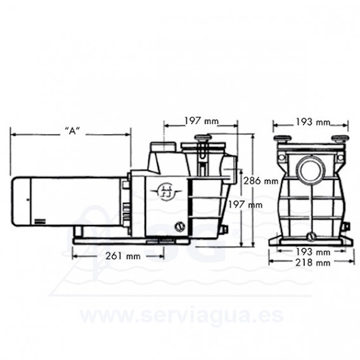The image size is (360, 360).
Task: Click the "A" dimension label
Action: point(72,131)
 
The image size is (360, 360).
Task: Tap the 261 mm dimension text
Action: point(123,256)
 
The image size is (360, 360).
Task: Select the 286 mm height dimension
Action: point(261,181)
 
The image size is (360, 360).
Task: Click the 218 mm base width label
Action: point(312,262)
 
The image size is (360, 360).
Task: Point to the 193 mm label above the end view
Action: point(312,122)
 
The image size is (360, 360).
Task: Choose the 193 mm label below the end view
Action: point(312,252)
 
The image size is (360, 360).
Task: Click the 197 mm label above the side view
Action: point(202,121)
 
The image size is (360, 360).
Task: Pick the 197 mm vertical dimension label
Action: point(245,205)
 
